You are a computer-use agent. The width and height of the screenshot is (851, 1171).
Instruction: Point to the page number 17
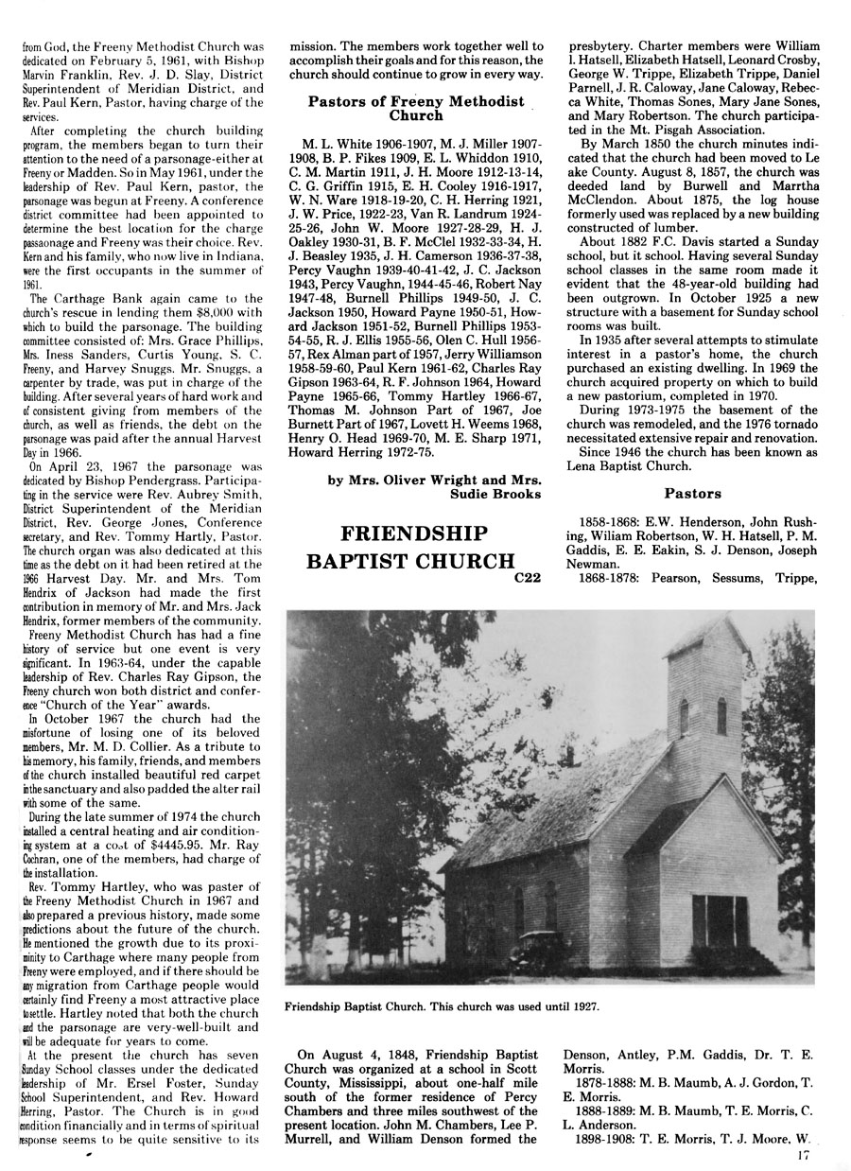(x=804, y=1153)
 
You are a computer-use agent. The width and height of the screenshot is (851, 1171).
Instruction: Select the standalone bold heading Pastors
(x=693, y=493)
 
